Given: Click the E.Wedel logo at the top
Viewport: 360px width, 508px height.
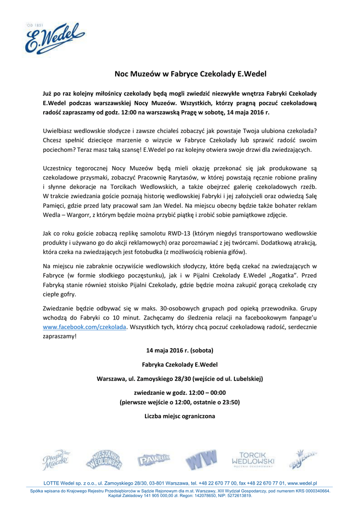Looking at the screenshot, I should coord(55,38).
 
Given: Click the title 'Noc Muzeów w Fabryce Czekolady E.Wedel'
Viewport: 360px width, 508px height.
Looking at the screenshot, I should coord(191,74).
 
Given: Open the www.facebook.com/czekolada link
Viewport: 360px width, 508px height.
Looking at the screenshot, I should coord(85,327).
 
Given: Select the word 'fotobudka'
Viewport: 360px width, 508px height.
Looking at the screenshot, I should coord(164,251).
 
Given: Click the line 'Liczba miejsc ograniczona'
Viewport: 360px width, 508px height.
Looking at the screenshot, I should coord(180,416).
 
